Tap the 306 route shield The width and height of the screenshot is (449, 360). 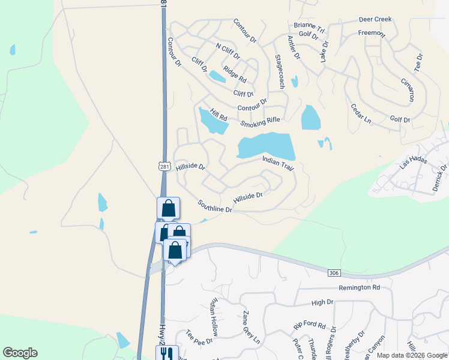[x=334, y=273]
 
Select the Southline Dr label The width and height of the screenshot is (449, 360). [x=215, y=206]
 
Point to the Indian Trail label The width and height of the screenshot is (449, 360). [x=278, y=164]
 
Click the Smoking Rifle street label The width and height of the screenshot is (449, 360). [x=261, y=122]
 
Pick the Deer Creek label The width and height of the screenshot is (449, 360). [x=375, y=19]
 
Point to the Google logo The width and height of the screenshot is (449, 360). [x=20, y=353]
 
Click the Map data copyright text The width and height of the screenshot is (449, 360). [x=412, y=355]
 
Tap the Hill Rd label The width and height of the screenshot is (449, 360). [x=218, y=114]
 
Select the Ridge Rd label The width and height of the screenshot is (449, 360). [x=235, y=74]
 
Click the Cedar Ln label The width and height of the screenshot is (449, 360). [x=361, y=114]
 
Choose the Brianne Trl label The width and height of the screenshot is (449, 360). [x=309, y=28]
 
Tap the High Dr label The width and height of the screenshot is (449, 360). [x=322, y=304]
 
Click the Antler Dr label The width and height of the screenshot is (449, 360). [x=294, y=47]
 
